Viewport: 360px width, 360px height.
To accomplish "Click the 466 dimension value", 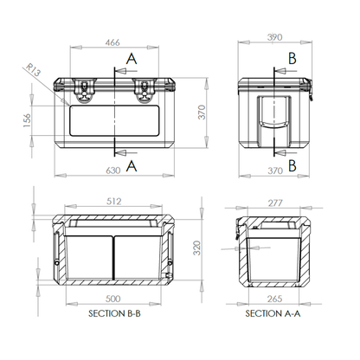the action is click(x=112, y=42).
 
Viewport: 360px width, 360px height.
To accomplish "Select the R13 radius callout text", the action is click(x=33, y=70).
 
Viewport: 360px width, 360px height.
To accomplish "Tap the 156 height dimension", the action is click(x=27, y=120).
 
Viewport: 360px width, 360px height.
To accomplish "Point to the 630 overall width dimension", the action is click(x=112, y=170).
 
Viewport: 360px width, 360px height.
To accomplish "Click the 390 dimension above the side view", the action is click(x=274, y=37).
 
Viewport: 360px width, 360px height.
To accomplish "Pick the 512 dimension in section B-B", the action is click(x=113, y=201).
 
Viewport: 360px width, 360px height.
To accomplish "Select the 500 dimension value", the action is click(x=112, y=299).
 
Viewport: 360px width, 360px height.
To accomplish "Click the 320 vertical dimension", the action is click(x=196, y=248).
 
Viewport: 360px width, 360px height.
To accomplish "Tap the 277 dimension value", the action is click(x=275, y=203).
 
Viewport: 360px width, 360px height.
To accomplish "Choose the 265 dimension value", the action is click(x=274, y=299).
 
